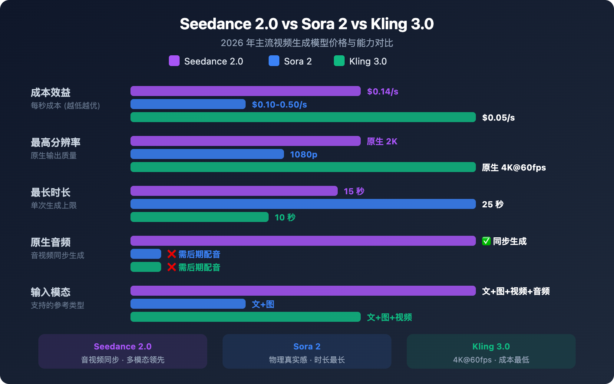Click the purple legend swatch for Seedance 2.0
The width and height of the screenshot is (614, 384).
(174, 61)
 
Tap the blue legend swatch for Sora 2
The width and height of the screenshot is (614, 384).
(274, 61)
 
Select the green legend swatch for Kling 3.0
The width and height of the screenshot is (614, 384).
(339, 61)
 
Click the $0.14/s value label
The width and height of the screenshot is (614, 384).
(383, 91)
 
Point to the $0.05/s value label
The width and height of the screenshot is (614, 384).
(498, 118)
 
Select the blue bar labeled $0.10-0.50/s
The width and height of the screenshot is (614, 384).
(188, 104)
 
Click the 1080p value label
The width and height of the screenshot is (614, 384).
(304, 154)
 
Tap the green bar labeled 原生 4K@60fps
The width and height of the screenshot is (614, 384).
(303, 167)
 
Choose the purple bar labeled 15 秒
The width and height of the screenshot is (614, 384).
(234, 191)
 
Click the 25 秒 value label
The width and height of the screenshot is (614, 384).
(493, 204)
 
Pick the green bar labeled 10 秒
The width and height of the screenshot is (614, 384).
(200, 217)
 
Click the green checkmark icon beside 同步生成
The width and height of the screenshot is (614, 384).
(486, 241)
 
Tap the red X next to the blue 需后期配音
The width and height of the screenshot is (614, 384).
(172, 254)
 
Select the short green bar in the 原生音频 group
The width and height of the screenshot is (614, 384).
(146, 267)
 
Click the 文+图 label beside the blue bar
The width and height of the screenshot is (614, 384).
(263, 304)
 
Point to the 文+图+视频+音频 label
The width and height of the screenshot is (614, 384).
(516, 291)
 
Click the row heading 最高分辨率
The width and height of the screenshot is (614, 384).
(56, 142)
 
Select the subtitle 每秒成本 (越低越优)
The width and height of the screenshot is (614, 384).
(65, 106)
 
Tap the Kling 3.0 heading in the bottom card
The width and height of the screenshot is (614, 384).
(491, 346)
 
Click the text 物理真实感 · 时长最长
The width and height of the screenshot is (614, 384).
(307, 360)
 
